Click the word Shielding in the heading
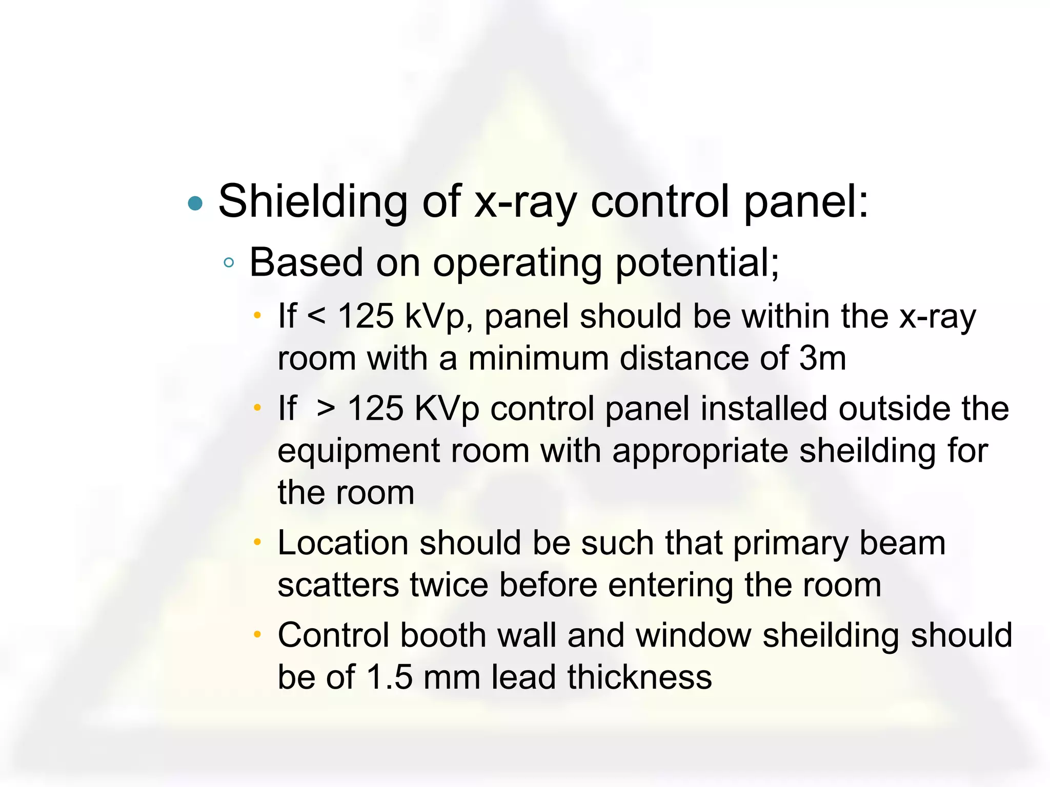click(x=313, y=202)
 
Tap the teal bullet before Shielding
click(x=195, y=203)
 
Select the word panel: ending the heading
click(x=806, y=202)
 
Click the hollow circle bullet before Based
click(x=229, y=263)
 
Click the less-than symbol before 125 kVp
click(x=316, y=317)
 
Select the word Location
click(x=342, y=543)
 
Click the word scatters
click(x=338, y=585)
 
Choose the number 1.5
click(x=390, y=677)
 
